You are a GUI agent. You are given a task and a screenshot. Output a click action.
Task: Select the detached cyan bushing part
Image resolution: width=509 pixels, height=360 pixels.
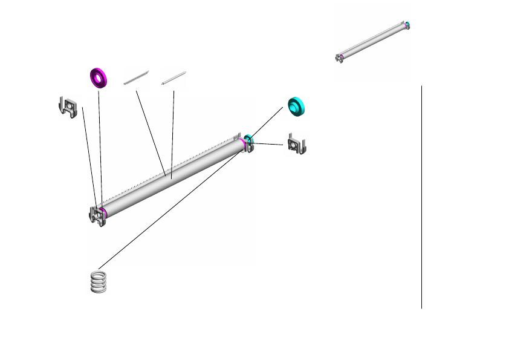click(296, 106)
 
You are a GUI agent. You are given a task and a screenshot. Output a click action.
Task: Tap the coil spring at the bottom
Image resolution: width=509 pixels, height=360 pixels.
click(100, 282)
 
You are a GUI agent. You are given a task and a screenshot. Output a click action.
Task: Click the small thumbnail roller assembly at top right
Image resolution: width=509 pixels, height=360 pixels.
click(372, 41)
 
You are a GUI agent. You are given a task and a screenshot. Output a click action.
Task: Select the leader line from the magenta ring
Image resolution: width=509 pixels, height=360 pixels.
click(100, 145)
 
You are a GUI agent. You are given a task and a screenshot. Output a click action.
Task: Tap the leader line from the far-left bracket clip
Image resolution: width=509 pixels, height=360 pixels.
click(89, 157)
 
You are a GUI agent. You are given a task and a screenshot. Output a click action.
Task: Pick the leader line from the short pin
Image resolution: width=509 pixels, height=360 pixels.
click(173, 133)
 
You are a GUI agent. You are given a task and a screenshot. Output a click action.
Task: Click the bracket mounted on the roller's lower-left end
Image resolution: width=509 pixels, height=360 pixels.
click(96, 215)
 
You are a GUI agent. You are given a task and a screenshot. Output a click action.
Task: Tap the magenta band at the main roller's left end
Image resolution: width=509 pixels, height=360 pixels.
click(104, 212)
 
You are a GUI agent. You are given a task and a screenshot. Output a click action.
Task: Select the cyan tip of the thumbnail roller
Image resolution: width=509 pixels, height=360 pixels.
click(407, 25)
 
